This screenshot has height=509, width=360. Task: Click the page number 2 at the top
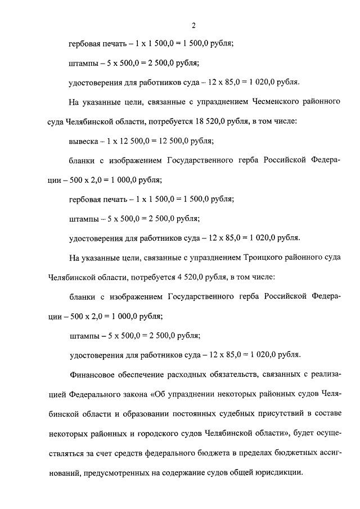[x=193, y=25]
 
